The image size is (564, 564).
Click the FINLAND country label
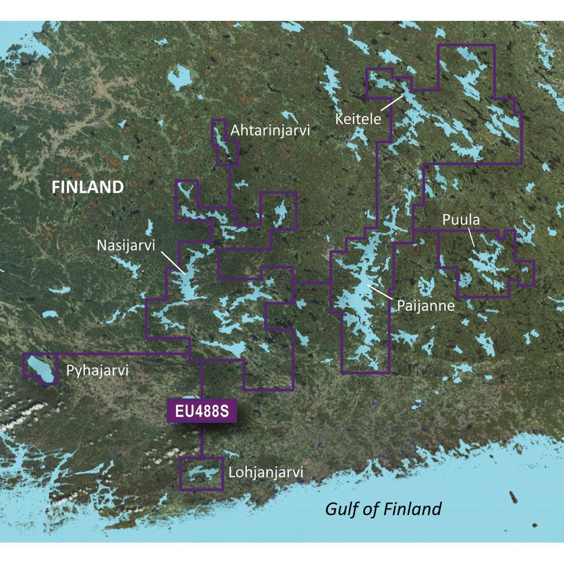87,187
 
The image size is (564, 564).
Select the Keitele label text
358,120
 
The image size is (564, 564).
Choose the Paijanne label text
425,305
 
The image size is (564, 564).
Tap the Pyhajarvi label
98,371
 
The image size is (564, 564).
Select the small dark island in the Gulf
513,497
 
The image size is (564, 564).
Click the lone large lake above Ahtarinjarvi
180,77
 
